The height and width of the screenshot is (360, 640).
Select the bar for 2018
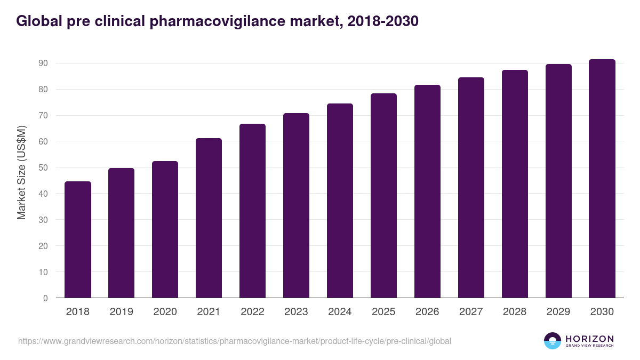(x=78, y=240)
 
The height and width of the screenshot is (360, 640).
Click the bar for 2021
(x=209, y=218)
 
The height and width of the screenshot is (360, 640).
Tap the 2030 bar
(x=602, y=179)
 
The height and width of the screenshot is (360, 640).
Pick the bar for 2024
(x=340, y=201)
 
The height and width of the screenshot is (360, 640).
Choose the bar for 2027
(x=471, y=188)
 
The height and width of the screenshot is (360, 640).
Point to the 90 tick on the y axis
(x=43, y=63)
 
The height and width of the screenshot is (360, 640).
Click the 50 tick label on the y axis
(x=43, y=167)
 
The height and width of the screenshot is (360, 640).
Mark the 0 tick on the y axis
(x=45, y=298)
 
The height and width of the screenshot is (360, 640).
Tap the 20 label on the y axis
(x=43, y=246)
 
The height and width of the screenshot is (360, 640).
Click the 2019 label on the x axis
(x=121, y=312)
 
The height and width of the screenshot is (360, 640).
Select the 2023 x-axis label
(x=296, y=312)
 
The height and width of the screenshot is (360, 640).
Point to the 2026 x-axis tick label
(x=427, y=312)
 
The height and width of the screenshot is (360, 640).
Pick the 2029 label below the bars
(x=558, y=312)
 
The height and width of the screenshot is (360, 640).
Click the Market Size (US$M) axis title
(x=21, y=172)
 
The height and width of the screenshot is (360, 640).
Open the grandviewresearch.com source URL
(x=235, y=341)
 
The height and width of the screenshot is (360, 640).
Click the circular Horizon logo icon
(x=553, y=341)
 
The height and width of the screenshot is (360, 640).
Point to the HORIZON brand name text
(x=589, y=339)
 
